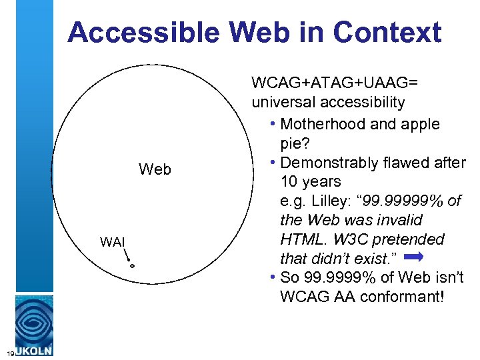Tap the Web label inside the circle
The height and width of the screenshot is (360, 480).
(x=155, y=170)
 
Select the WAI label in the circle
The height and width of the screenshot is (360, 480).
(x=113, y=241)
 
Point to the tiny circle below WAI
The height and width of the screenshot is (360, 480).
(x=132, y=266)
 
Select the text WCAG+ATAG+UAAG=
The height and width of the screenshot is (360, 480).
(x=335, y=83)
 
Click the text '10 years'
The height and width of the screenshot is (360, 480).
(x=311, y=181)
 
